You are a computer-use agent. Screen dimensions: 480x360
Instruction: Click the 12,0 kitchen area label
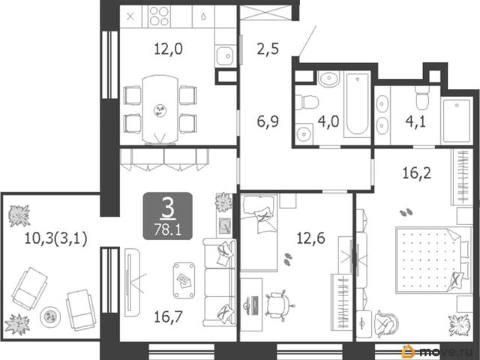pos(168,49)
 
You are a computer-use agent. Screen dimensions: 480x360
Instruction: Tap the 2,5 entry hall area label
pos(268,49)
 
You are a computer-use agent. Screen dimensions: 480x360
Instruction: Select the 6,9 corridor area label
pos(268,121)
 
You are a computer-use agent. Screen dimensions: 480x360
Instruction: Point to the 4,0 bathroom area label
pos(328,121)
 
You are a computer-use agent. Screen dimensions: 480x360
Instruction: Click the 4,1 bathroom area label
pos(415,121)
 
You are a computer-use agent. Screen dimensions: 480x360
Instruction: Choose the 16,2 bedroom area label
pos(417,173)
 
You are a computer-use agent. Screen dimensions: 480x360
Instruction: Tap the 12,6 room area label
pos(310,238)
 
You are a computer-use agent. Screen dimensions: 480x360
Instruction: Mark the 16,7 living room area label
pos(168,316)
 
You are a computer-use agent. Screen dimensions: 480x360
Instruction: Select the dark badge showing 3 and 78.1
pos(168,216)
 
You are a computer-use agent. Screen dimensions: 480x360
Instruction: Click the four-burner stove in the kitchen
pos(159,16)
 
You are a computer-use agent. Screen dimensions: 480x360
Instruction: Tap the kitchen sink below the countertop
pos(225,55)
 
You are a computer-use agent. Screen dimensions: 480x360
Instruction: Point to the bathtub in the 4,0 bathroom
pos(357,104)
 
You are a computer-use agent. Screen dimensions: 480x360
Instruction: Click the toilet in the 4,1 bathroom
pos(421,98)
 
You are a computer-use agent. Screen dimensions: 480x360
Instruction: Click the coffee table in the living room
pos(184,280)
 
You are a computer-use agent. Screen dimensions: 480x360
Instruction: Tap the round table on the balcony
pos(50,316)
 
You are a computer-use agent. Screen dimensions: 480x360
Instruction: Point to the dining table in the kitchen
pos(160,109)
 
